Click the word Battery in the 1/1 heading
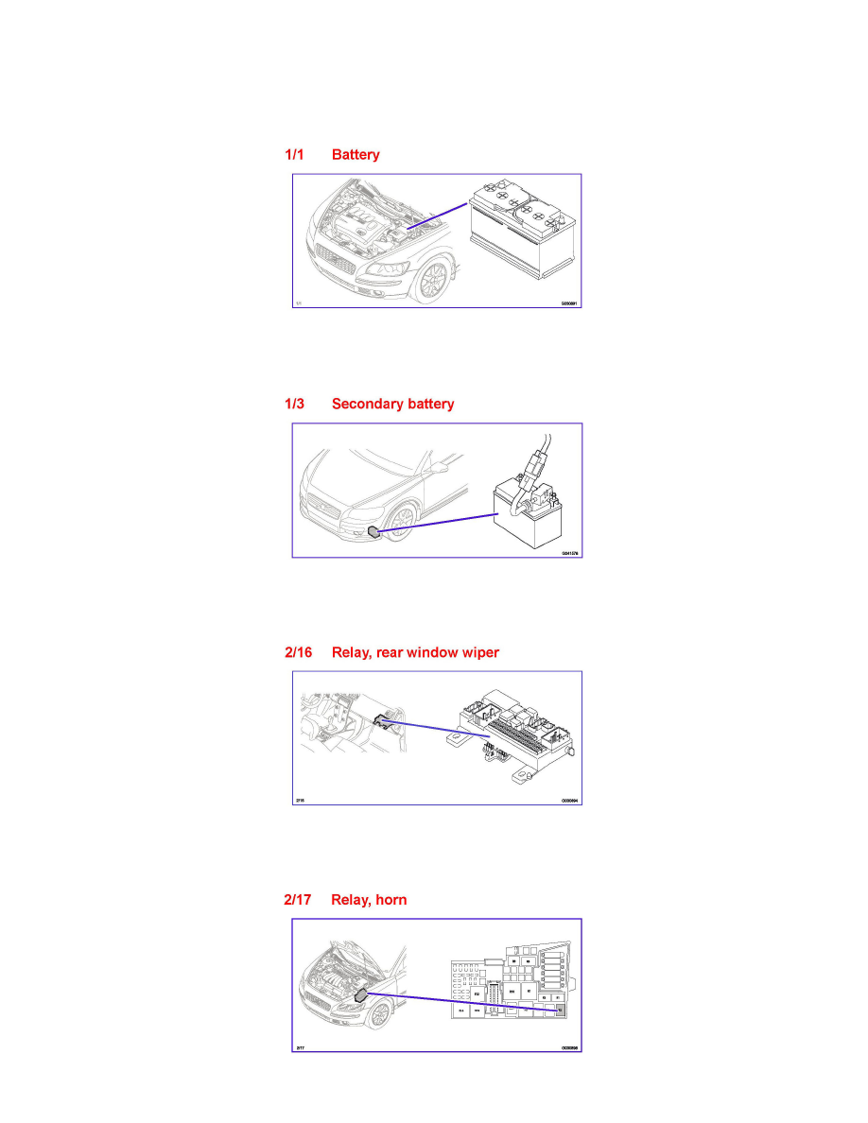(356, 155)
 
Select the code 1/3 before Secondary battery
(295, 405)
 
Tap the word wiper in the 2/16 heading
(477, 653)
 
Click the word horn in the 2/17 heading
(390, 900)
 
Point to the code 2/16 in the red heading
(299, 653)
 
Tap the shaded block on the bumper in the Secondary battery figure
(376, 531)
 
